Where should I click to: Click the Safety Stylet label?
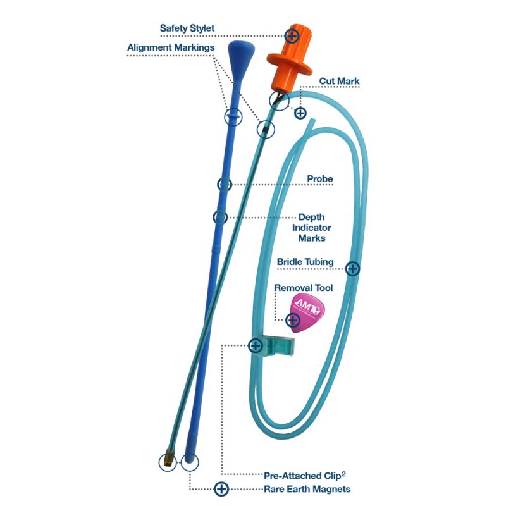(x=187, y=28)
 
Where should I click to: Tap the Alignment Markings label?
(x=171, y=47)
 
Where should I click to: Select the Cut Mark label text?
(x=340, y=82)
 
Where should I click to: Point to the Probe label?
(x=320, y=179)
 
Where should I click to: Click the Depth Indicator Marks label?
(x=314, y=228)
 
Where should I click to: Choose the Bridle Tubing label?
(x=305, y=262)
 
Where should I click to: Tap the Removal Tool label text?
(x=303, y=288)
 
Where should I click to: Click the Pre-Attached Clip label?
(x=307, y=474)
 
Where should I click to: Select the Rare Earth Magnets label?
(x=307, y=489)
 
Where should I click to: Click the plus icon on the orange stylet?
(x=292, y=35)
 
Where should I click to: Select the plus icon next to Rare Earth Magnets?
(x=221, y=489)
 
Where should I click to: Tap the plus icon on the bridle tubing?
(x=353, y=269)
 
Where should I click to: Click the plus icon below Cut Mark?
(x=300, y=113)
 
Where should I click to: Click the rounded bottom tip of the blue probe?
(x=189, y=460)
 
